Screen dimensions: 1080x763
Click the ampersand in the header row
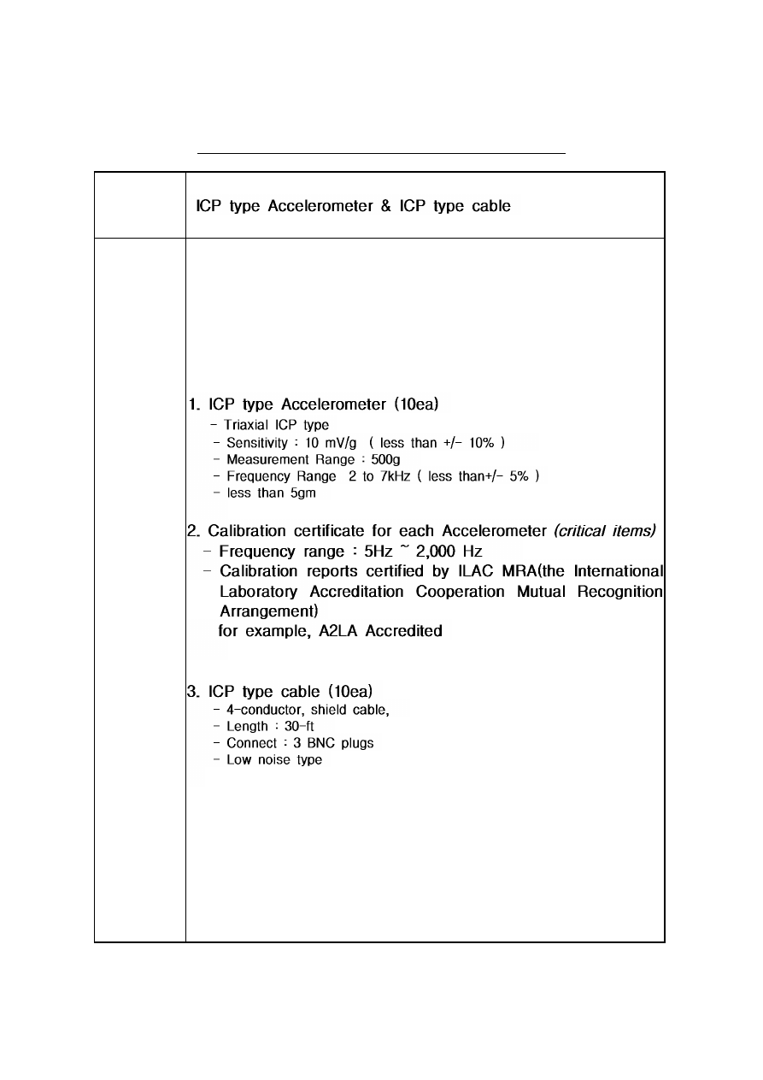[x=387, y=207]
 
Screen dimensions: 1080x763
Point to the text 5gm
[x=304, y=493]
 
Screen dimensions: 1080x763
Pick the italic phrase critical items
[x=605, y=531]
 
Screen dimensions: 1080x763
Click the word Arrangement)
[x=268, y=611]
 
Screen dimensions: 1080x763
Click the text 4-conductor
[x=261, y=709]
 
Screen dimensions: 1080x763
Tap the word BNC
[x=321, y=743]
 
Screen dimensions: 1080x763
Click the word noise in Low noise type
[x=274, y=760]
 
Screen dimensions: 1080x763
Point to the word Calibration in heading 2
[x=249, y=531]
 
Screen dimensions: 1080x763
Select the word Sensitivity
[x=256, y=443]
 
